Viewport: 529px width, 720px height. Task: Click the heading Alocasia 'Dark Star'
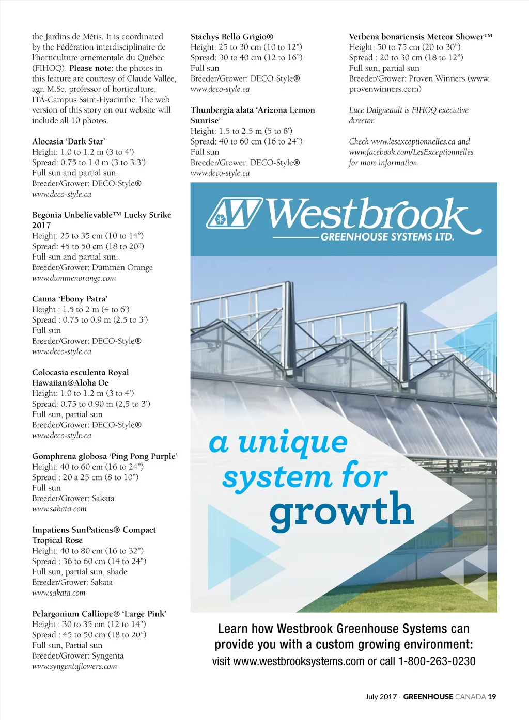point(69,141)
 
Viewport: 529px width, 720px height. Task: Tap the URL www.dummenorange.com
point(74,278)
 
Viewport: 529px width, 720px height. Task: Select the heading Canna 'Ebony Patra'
point(70,299)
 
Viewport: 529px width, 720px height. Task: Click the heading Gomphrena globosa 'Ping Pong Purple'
point(104,456)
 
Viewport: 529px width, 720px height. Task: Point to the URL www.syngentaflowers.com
point(74,666)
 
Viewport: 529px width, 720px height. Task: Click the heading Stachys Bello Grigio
point(231,37)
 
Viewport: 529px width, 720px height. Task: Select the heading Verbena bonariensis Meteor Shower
point(421,37)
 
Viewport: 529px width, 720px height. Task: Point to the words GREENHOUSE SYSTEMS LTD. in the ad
point(387,237)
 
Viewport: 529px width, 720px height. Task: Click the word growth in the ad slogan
point(341,510)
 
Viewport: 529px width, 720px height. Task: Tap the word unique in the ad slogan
point(293,442)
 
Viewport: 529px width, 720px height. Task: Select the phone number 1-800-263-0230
point(437,661)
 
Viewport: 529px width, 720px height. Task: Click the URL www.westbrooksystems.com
point(299,661)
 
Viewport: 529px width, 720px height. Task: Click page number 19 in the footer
point(492,697)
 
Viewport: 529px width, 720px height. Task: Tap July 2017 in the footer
point(381,697)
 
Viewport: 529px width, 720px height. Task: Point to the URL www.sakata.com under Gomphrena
point(59,509)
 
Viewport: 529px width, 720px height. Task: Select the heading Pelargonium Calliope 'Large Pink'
point(99,614)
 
